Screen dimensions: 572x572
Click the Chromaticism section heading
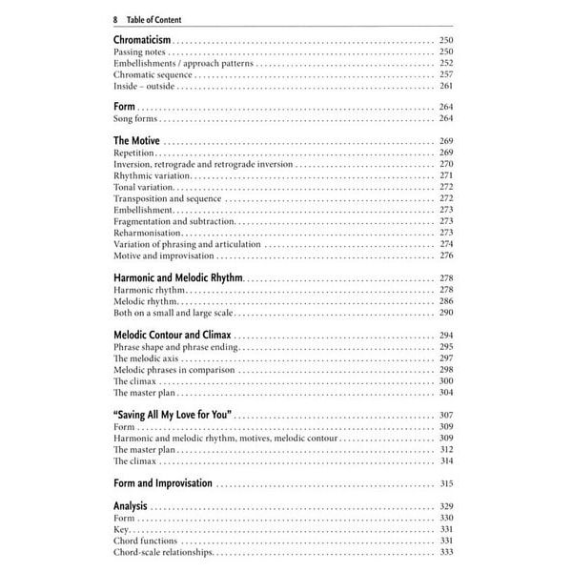point(142,39)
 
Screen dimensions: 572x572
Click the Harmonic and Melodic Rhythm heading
point(178,276)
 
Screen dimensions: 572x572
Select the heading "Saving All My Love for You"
point(173,416)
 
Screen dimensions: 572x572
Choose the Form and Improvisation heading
point(162,483)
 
